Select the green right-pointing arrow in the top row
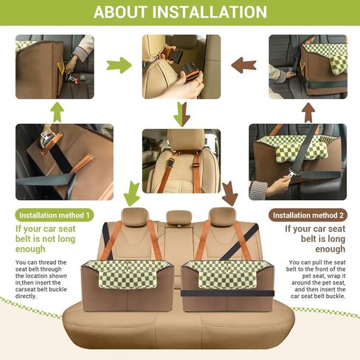[118, 66]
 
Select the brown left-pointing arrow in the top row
[243, 66]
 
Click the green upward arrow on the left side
[57, 111]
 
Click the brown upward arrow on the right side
[305, 111]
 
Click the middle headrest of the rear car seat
[179, 218]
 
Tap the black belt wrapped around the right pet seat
[228, 293]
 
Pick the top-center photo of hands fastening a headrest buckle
[181, 66]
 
